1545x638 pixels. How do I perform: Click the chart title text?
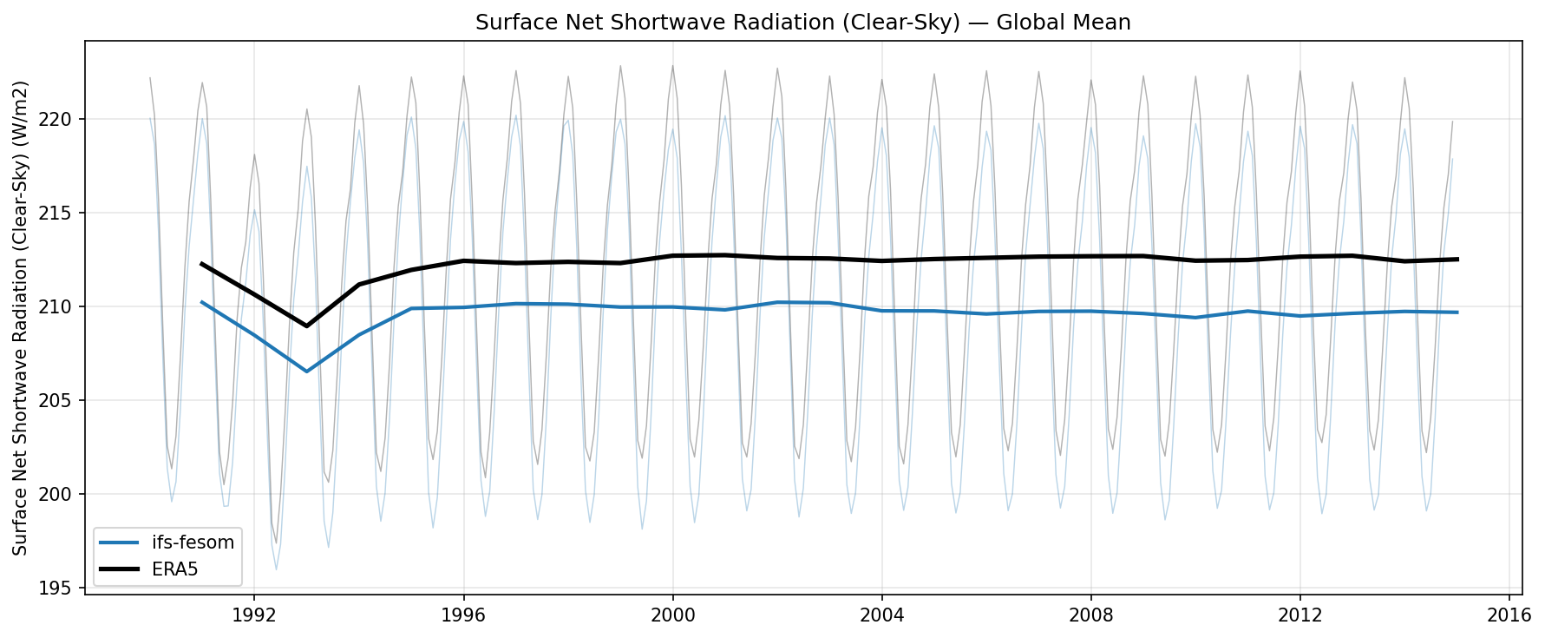(x=802, y=23)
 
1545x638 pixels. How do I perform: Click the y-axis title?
(x=21, y=318)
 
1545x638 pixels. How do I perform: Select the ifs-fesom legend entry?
(x=193, y=543)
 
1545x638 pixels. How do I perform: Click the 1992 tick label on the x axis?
(x=254, y=615)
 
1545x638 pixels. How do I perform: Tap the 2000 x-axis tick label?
(x=672, y=615)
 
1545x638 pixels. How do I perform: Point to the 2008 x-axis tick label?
(x=1090, y=615)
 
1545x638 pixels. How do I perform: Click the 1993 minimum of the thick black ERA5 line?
(x=306, y=326)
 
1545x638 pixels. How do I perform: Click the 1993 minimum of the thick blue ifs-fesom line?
(x=306, y=372)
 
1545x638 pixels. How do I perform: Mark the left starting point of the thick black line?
(x=201, y=263)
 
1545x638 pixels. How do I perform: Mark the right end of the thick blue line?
(x=1457, y=312)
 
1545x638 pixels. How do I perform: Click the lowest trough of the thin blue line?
(x=276, y=569)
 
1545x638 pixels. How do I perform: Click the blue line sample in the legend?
(x=119, y=543)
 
